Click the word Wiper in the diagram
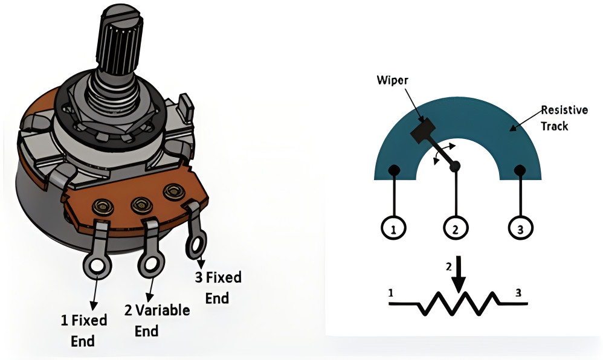[x=392, y=80]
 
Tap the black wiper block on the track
[x=422, y=130]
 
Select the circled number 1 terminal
[x=393, y=228]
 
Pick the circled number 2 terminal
[x=456, y=228]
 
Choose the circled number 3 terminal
[x=521, y=228]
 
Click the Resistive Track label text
[x=564, y=118]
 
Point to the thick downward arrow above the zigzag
[x=459, y=274]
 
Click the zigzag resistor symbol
[x=457, y=303]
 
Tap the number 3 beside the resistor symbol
[x=518, y=294]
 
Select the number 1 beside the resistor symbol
[x=391, y=294]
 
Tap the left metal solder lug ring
[x=97, y=265]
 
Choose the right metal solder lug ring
[x=196, y=244]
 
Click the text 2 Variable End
[x=156, y=320]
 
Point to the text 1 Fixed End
[x=83, y=330]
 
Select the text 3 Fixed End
[x=218, y=288]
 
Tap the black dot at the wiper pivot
[x=455, y=166]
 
